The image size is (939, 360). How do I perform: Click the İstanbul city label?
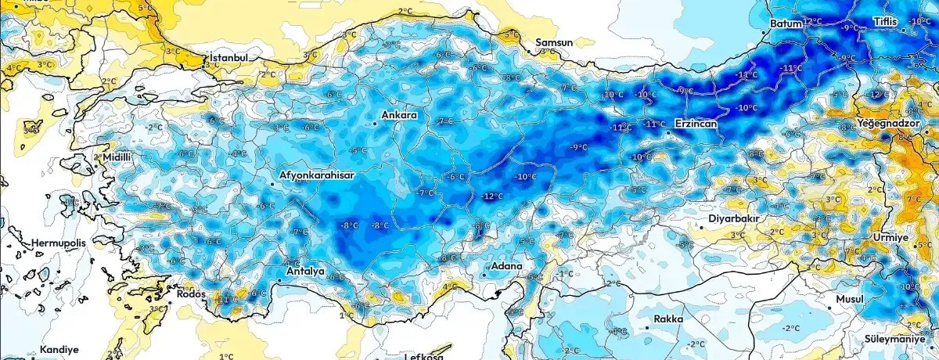click(228, 58)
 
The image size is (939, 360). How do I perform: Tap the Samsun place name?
click(554, 42)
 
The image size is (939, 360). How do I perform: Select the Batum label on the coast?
click(786, 24)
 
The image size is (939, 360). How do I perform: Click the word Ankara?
click(399, 116)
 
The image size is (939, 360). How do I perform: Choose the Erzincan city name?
click(699, 124)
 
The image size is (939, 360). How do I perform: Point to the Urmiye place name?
click(890, 237)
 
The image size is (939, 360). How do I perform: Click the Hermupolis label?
click(61, 244)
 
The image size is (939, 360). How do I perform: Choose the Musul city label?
click(849, 300)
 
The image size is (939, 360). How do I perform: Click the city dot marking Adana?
click(484, 275)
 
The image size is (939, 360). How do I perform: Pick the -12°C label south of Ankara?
click(492, 196)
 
